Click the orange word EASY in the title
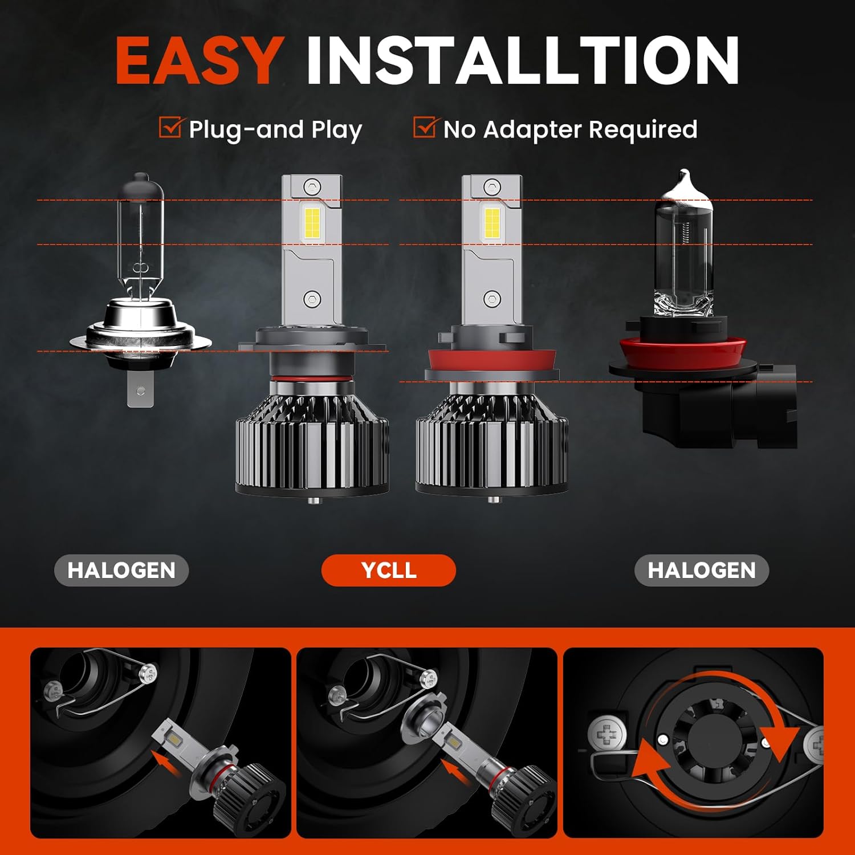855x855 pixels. click(198, 60)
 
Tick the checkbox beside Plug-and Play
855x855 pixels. click(170, 128)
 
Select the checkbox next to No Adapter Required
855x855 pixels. click(424, 128)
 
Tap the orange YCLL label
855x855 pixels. click(388, 570)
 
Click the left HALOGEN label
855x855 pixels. click(121, 570)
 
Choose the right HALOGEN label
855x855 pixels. click(701, 570)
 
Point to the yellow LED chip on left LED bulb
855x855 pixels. click(313, 222)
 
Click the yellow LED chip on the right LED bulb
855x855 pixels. click(492, 222)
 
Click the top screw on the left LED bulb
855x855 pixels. click(311, 186)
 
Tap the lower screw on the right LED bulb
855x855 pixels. click(491, 298)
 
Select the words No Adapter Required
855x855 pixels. click(570, 129)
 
